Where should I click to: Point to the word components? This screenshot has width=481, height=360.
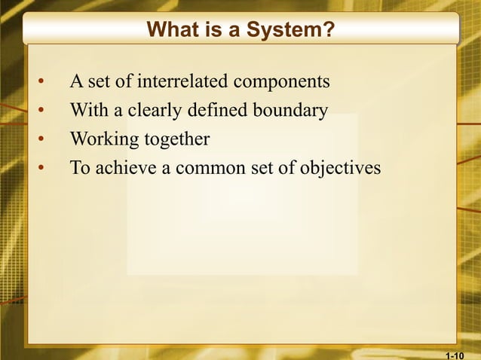(283, 81)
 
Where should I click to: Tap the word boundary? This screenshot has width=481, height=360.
(290, 111)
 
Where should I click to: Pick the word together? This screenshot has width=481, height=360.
(174, 140)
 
